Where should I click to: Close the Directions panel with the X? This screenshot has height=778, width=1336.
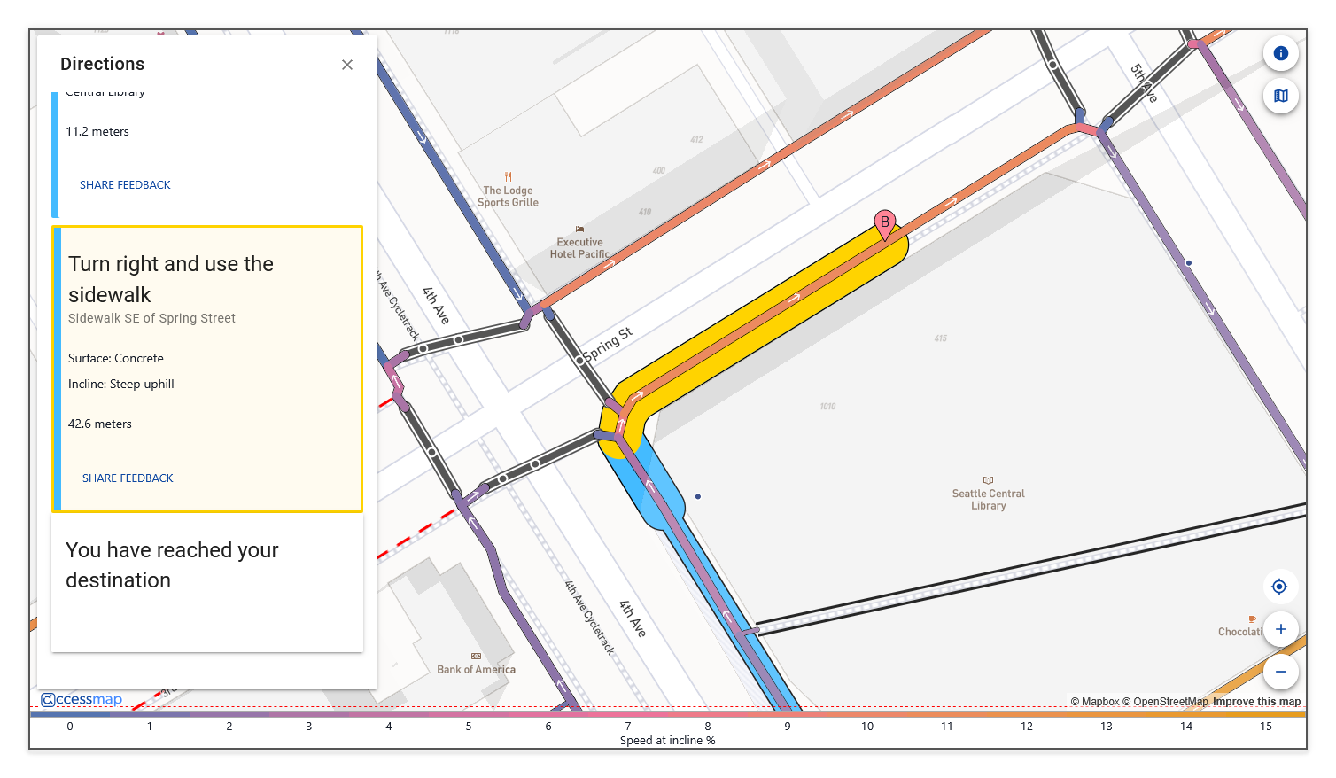(x=347, y=65)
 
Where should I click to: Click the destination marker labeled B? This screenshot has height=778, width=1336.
(x=884, y=223)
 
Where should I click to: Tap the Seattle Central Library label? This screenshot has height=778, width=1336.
(x=988, y=499)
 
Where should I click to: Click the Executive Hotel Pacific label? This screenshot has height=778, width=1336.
(x=579, y=247)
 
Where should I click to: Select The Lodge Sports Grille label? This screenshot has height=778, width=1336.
(x=508, y=196)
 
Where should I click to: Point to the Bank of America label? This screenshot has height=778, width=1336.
(x=476, y=669)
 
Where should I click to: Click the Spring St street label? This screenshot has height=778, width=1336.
(x=607, y=345)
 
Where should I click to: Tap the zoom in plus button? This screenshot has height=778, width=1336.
(x=1280, y=629)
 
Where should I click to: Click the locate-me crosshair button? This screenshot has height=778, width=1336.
(x=1279, y=587)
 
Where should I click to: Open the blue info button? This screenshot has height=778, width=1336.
(x=1280, y=53)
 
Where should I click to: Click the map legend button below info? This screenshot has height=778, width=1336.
(x=1280, y=96)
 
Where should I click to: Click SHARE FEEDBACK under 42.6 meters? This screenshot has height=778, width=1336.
(x=128, y=478)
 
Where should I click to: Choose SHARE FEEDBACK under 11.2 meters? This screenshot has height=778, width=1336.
(x=125, y=185)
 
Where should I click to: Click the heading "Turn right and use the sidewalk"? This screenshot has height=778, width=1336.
(x=171, y=279)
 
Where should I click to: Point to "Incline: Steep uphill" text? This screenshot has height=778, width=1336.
(x=121, y=384)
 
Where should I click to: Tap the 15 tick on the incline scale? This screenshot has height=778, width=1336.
(x=1265, y=726)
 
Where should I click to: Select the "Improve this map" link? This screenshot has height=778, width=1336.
(x=1256, y=702)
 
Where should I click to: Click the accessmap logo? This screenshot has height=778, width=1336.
(x=82, y=699)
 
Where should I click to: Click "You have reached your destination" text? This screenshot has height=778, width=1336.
(x=172, y=564)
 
